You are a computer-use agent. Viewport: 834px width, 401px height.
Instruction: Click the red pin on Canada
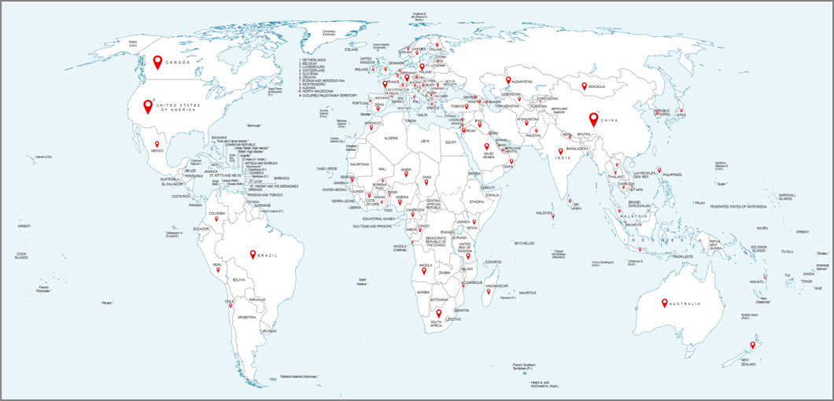click(x=157, y=62)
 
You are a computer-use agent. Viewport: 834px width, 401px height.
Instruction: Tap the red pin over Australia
click(x=665, y=303)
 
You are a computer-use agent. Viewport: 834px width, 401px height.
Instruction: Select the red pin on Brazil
click(x=253, y=254)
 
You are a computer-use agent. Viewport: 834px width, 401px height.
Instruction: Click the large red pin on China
click(x=594, y=120)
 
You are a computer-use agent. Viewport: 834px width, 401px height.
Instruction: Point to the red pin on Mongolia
click(x=584, y=86)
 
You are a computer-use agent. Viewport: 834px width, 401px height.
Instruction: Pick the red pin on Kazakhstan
click(x=507, y=79)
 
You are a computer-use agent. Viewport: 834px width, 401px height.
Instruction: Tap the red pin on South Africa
click(x=439, y=314)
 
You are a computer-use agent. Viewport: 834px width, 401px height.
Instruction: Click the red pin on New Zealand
click(x=752, y=345)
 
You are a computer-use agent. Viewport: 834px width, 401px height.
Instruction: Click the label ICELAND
click(x=351, y=50)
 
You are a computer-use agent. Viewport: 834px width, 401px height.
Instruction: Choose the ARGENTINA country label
click(x=246, y=317)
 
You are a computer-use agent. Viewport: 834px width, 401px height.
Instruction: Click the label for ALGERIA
click(x=391, y=138)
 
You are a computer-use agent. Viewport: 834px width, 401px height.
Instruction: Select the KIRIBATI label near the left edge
click(x=24, y=226)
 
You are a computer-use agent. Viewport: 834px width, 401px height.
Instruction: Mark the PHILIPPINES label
click(x=672, y=175)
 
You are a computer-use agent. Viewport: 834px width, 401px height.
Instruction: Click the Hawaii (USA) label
click(x=43, y=157)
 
